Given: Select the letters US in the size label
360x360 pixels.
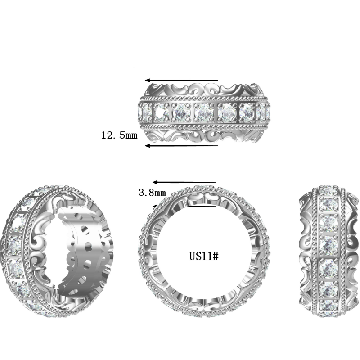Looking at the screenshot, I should pyautogui.click(x=194, y=256).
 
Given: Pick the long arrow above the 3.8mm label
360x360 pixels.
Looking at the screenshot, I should pyautogui.click(x=184, y=182).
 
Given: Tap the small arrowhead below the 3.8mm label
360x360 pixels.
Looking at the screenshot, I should pyautogui.click(x=156, y=205).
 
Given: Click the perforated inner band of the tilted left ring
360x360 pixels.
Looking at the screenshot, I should pyautogui.click(x=83, y=252).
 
